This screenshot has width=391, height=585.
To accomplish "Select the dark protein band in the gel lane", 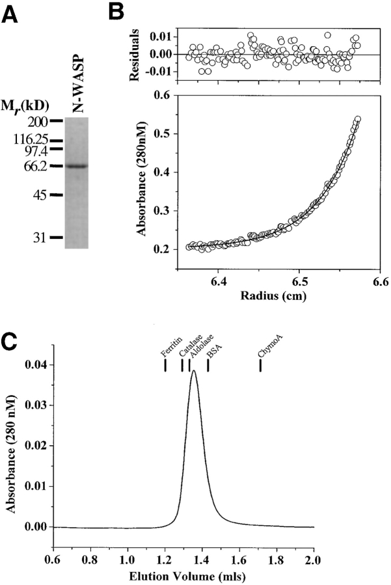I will pyautogui.click(x=81, y=166).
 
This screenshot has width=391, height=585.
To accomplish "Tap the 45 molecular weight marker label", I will pyautogui.click(x=40, y=195).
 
